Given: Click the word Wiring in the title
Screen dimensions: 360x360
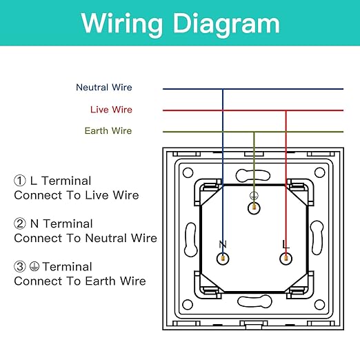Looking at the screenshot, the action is (122, 24).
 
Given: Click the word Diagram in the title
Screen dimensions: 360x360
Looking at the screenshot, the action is (226, 24).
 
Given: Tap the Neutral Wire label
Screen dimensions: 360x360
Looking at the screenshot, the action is (104, 88).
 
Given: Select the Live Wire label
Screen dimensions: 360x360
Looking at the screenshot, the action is (111, 110).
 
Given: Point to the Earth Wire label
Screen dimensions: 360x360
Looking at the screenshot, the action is (108, 131).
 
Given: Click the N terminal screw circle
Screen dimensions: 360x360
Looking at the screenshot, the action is (223, 259).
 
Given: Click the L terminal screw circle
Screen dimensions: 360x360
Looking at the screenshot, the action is (286, 259).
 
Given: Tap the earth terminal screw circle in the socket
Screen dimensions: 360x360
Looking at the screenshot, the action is (254, 208).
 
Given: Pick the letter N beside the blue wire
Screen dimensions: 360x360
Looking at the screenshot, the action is (223, 244).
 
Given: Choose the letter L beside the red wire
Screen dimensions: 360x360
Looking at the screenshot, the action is (286, 244).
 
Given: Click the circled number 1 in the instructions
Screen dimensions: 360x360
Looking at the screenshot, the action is (20, 181).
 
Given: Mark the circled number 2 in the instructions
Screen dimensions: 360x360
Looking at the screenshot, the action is (20, 223).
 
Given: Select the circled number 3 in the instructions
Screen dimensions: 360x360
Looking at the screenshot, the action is (20, 267).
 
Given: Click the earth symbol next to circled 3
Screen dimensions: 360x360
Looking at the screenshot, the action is (34, 266).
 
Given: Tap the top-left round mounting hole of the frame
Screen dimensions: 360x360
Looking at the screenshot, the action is (188, 172).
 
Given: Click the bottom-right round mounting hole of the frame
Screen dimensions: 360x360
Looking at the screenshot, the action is (319, 305).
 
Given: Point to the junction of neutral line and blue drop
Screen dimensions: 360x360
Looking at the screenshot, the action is (223, 89).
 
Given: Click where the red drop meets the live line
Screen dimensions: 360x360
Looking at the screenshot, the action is (286, 110).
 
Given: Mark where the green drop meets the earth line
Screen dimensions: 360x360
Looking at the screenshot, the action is (254, 132).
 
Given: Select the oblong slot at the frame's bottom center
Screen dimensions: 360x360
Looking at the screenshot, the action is (254, 301).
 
